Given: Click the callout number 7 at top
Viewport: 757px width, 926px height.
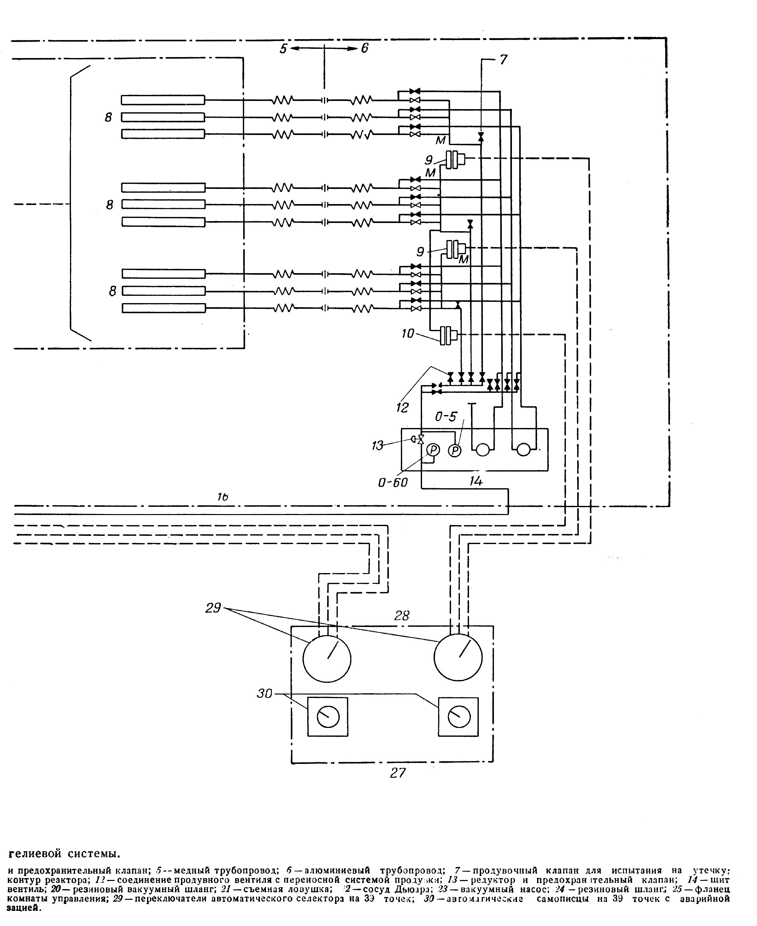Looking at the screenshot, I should pyautogui.click(x=504, y=59).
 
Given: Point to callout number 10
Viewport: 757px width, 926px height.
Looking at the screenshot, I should pyautogui.click(x=408, y=334).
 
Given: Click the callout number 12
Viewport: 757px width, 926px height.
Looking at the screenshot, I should pyautogui.click(x=402, y=407).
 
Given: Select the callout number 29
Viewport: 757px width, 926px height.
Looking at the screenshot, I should pyautogui.click(x=213, y=608).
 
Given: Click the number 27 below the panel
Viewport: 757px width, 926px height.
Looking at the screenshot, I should pyautogui.click(x=398, y=773).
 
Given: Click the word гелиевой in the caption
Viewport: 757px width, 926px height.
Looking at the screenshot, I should pyautogui.click(x=35, y=852).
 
